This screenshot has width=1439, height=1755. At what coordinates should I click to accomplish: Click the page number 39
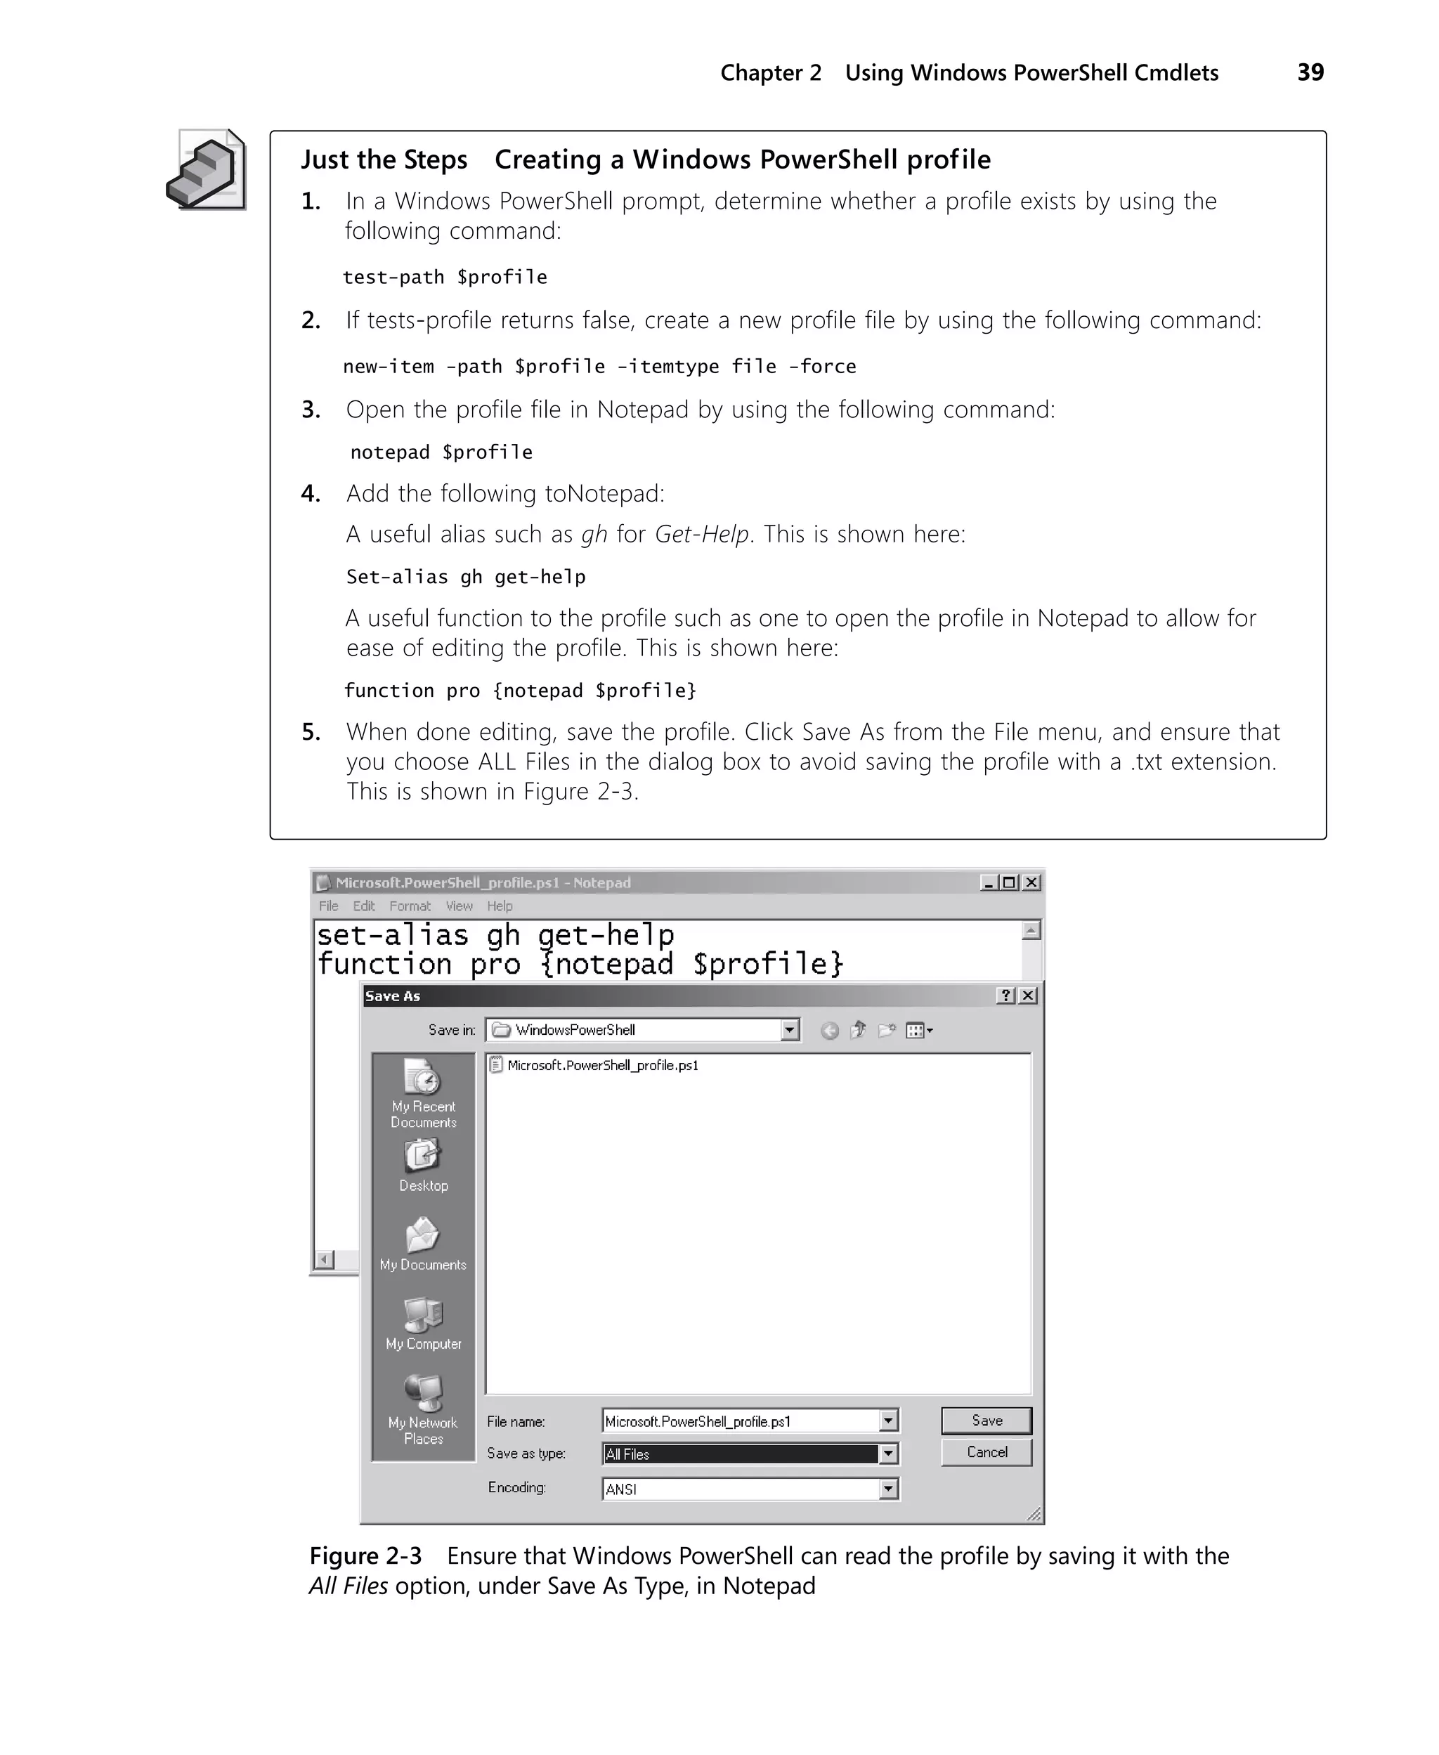click(x=1310, y=72)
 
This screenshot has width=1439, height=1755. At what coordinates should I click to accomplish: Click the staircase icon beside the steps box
click(x=207, y=170)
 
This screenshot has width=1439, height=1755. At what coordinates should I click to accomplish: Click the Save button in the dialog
click(x=987, y=1421)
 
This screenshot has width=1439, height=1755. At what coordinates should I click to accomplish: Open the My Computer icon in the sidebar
click(x=423, y=1314)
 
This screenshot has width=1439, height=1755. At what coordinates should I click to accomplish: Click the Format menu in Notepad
click(x=410, y=906)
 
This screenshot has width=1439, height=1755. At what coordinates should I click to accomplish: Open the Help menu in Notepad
click(x=499, y=906)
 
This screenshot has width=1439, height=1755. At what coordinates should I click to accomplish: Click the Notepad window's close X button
click(x=1031, y=882)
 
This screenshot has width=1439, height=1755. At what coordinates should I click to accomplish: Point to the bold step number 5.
click(x=311, y=731)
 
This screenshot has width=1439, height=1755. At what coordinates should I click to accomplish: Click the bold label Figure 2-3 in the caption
click(x=365, y=1556)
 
